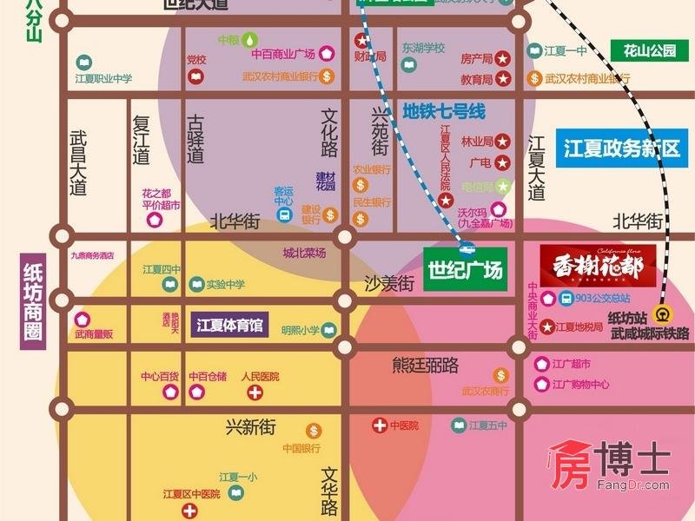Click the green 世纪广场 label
[465, 271]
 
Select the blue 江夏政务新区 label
[620, 148]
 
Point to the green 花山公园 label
[649, 50]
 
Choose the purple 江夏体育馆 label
[229, 326]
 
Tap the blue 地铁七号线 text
[443, 112]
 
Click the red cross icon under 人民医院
[255, 393]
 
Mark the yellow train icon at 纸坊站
[663, 315]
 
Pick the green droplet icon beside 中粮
[250, 39]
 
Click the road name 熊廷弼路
[426, 365]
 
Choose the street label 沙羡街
[388, 282]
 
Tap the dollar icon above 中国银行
[313, 431]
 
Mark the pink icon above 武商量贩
[83, 319]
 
